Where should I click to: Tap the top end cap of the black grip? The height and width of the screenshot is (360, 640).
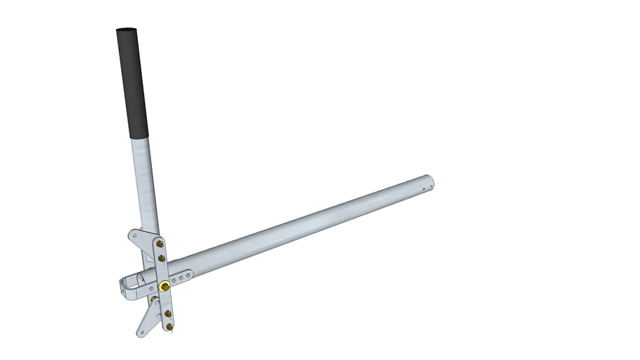126,31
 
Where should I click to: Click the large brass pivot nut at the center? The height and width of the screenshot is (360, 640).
164,286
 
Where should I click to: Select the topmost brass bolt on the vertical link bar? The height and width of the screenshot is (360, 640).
161,243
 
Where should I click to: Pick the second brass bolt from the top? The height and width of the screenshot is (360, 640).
162,258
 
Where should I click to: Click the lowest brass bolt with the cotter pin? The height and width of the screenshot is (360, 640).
169,327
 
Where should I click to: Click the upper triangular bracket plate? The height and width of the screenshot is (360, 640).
141,239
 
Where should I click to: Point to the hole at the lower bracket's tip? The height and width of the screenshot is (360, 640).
143,331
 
